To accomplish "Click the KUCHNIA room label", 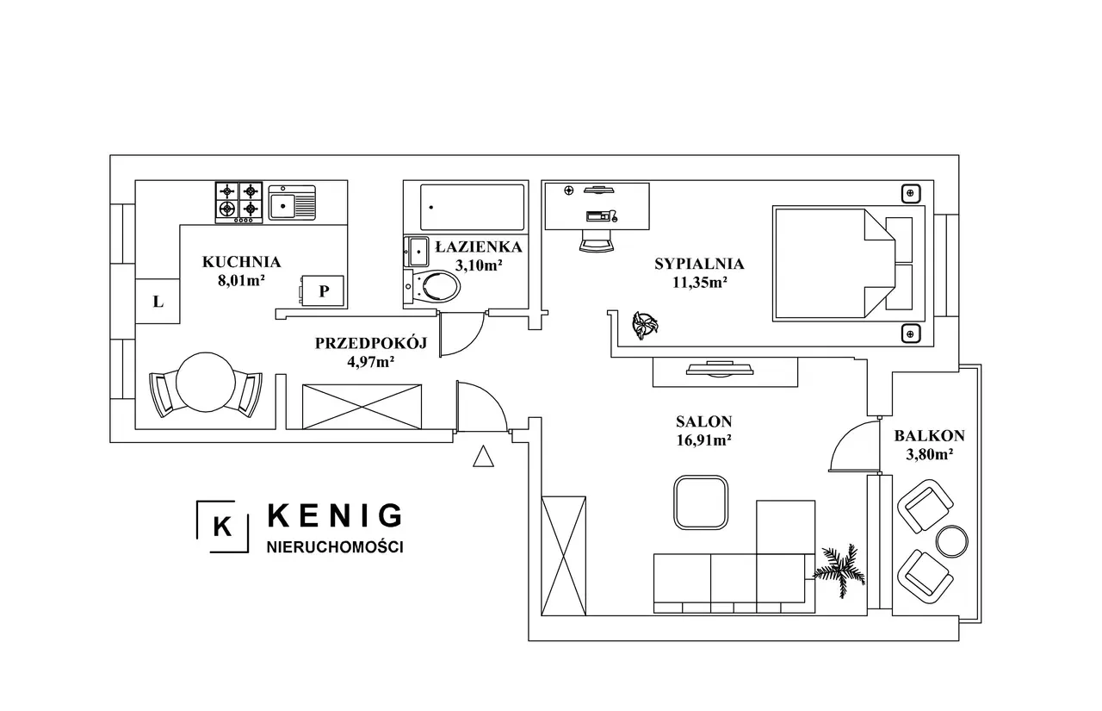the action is coord(242,262).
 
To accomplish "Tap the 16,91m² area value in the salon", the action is coord(703,440).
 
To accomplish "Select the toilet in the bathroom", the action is coord(432,286).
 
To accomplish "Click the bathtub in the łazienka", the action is coord(473,208).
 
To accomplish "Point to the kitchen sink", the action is coord(292,203).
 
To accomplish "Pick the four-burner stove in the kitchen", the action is coord(239,203).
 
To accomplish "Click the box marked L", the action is coord(158,302).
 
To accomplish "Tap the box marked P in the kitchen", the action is coord(323,291).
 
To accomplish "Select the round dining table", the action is coord(206,382).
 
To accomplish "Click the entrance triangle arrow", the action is coord(483,456).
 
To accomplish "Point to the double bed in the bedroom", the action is coord(849,264).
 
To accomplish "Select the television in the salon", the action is coord(719,369).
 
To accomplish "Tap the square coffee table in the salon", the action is coord(701,502).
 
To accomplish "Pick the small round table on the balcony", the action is coord(952,541).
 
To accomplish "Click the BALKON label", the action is coord(929,436).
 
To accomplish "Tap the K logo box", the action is coord(222,527).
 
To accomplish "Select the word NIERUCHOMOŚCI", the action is coord(335,547).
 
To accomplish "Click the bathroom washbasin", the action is coord(416,251).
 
